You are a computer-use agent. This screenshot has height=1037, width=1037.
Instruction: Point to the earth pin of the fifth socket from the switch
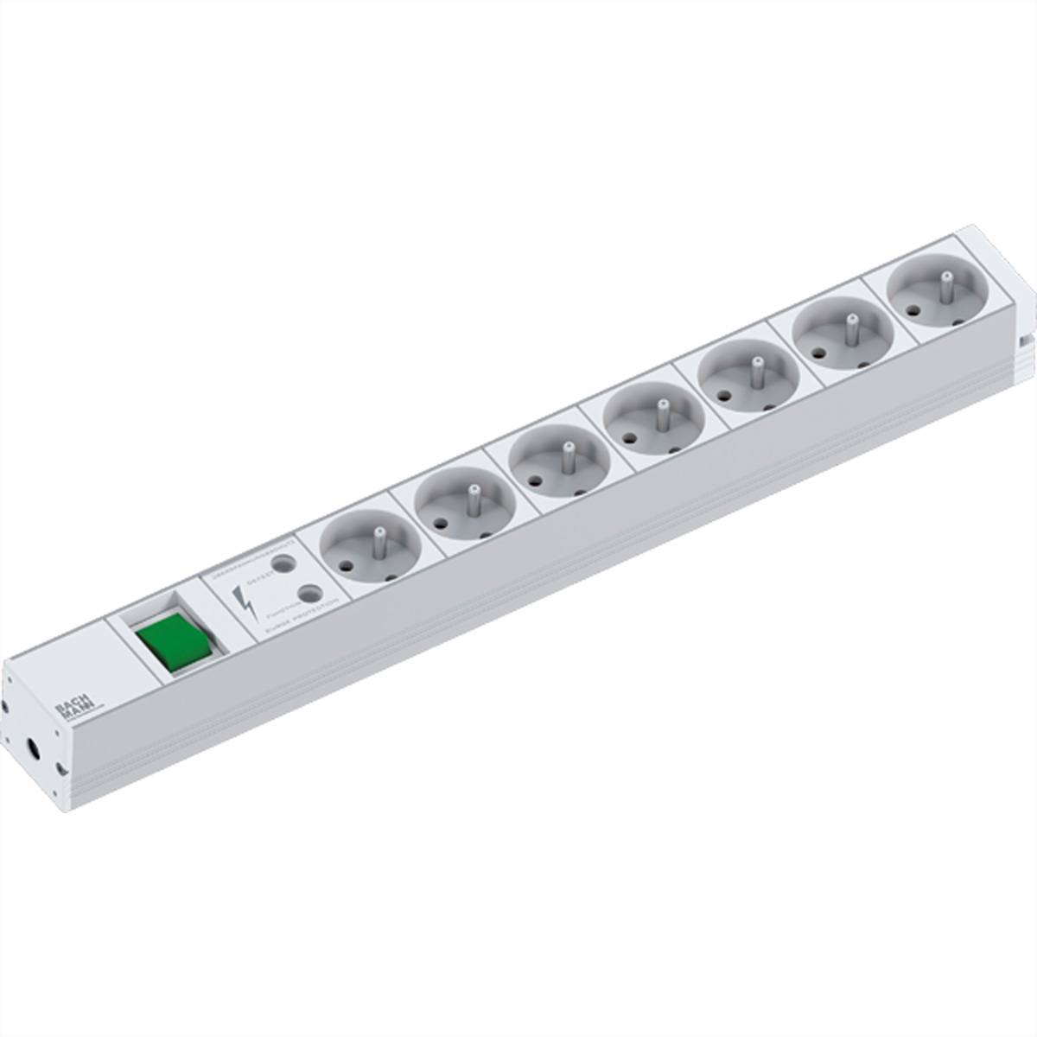pos(756,367)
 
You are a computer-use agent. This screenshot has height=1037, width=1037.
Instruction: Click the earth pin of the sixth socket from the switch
pos(850,325)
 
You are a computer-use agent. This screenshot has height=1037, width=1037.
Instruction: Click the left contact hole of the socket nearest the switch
pos(346,566)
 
